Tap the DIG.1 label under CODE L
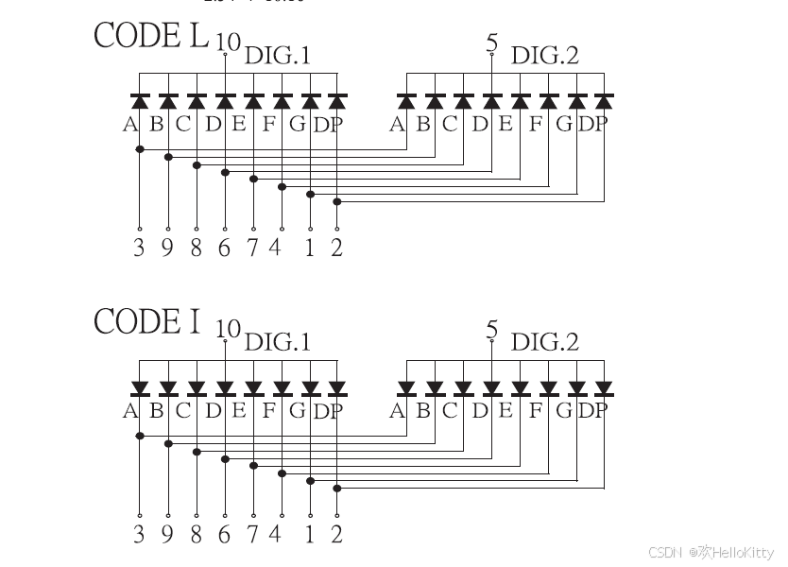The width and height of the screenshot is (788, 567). (277, 57)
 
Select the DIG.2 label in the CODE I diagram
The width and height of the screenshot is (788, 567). (545, 342)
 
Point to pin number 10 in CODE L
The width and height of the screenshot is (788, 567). (227, 42)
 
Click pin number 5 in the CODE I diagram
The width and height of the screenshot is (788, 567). (491, 329)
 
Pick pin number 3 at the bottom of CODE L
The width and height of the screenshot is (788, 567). (139, 249)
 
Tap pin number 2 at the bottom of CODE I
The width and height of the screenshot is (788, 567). (337, 535)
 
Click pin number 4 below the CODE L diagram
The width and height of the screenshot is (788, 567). (275, 249)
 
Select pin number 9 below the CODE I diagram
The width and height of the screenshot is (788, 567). (167, 535)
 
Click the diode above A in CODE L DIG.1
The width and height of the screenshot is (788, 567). (140, 100)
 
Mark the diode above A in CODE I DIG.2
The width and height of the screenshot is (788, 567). (406, 387)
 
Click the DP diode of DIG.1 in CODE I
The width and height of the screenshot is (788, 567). (338, 387)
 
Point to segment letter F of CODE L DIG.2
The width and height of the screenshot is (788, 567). (537, 123)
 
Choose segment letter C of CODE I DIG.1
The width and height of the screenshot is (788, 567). (183, 410)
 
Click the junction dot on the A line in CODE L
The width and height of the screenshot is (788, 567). (140, 148)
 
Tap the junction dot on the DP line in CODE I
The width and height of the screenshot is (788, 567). (338, 488)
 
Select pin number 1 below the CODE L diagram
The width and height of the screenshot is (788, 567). (310, 249)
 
